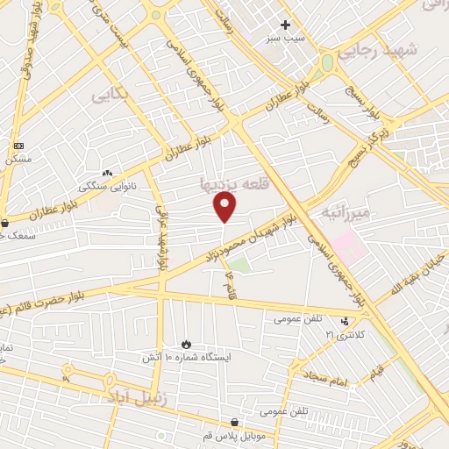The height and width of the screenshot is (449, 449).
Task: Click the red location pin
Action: pos(225,206)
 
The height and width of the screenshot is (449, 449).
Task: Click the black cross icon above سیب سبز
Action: pos(285,25)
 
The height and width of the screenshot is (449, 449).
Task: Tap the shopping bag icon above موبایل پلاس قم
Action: pos(233,422)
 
